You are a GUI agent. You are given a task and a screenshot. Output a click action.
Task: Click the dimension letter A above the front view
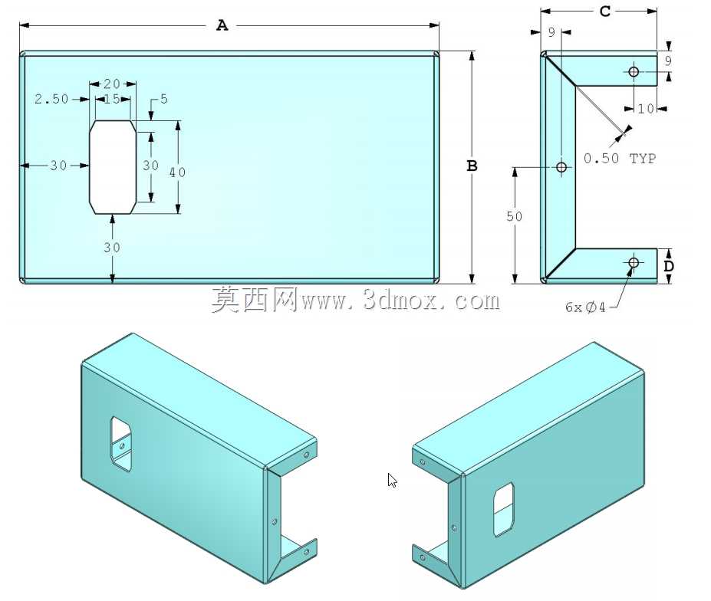click(x=222, y=25)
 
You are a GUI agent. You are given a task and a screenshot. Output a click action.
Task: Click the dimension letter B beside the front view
click(x=472, y=166)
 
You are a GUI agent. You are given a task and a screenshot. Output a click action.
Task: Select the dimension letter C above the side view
click(x=605, y=11)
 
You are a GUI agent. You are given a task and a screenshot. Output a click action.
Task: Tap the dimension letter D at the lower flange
click(x=669, y=266)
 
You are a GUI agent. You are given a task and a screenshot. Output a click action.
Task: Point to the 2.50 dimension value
click(x=51, y=99)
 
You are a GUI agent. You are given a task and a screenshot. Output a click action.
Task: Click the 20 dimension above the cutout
click(x=112, y=84)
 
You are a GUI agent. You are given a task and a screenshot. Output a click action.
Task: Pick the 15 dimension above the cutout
click(x=112, y=99)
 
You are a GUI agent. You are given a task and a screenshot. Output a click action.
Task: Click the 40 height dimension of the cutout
click(x=177, y=172)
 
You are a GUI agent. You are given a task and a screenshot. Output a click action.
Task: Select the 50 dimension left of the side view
click(x=514, y=216)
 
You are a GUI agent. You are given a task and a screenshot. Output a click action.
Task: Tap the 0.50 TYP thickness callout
click(x=620, y=158)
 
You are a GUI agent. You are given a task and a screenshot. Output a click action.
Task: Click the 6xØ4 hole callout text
click(x=585, y=307)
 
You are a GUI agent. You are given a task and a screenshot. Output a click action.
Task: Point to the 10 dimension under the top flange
click(x=646, y=109)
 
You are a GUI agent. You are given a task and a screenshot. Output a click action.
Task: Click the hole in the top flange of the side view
click(x=634, y=71)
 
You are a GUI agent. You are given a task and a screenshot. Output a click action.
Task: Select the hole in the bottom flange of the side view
click(x=634, y=262)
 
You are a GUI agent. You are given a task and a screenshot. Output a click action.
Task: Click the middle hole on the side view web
click(x=561, y=167)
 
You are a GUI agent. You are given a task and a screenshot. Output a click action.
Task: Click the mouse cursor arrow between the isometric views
click(x=392, y=480)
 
